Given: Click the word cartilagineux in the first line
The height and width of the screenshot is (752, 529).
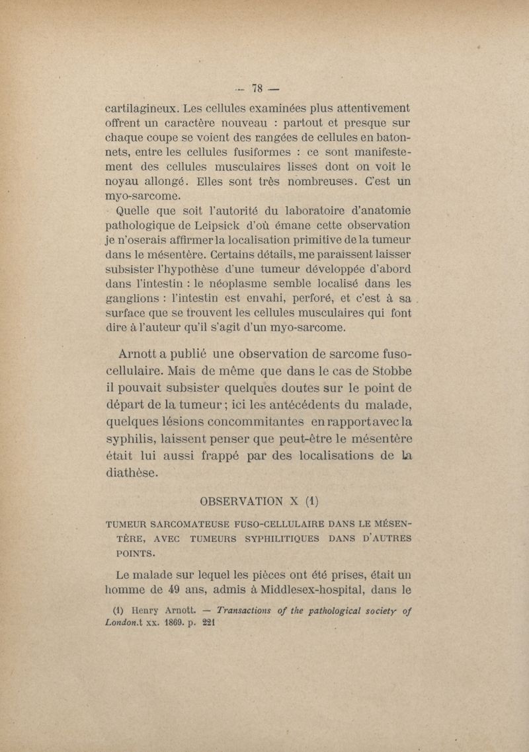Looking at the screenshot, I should coord(142,108).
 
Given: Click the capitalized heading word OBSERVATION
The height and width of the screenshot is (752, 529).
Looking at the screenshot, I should coord(247,498).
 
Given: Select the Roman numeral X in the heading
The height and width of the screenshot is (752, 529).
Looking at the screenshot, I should coord(307,498).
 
